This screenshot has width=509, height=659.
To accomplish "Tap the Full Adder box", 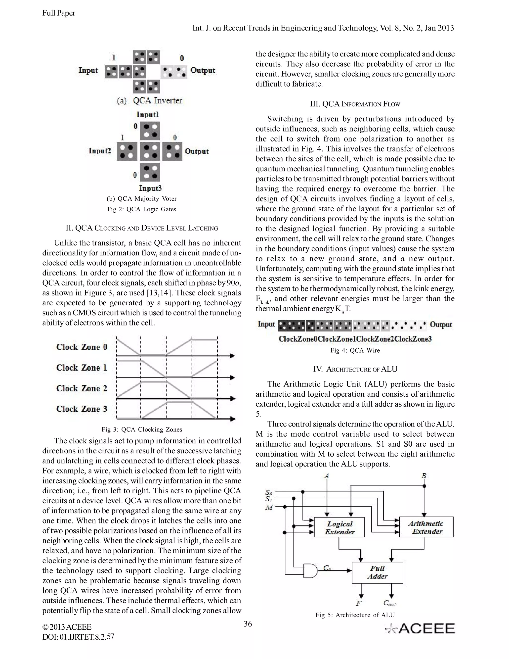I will tap(377, 572).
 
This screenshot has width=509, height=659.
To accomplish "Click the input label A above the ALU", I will tap(327, 476).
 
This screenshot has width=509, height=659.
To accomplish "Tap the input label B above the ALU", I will tap(424, 476).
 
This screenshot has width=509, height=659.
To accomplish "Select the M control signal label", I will tap(269, 507).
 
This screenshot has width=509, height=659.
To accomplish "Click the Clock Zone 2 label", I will tap(82, 388).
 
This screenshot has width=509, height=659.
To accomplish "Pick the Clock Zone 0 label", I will tap(82, 347).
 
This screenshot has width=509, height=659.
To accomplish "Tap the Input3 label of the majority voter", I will tap(150, 188).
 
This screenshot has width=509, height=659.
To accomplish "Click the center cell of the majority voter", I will tap(150, 151).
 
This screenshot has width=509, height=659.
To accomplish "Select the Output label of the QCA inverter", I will tap(203, 70).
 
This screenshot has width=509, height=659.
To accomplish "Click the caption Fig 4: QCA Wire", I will tap(355, 350).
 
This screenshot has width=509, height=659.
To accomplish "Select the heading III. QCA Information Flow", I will tap(355, 104).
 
